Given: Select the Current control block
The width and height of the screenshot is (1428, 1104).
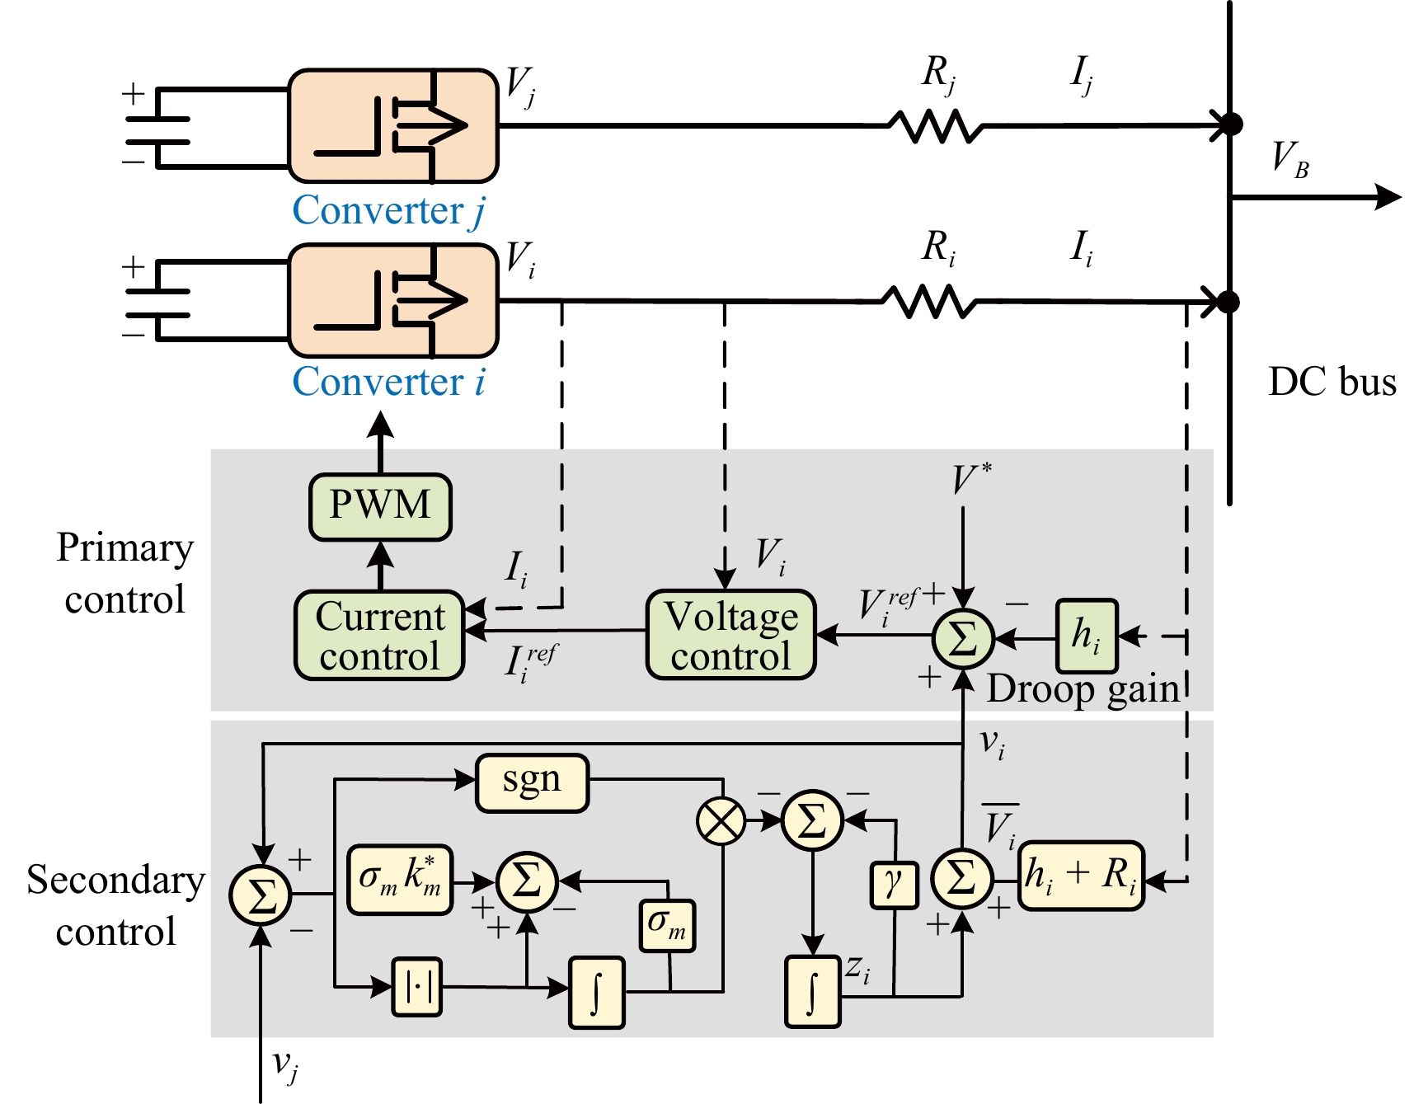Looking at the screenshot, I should [380, 636].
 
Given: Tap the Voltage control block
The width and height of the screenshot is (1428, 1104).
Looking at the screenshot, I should [731, 635].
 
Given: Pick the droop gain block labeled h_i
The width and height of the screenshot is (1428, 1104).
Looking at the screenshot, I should [1087, 636].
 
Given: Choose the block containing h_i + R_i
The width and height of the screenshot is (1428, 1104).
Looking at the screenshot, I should [1081, 876].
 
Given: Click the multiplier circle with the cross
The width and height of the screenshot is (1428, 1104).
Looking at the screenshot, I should [721, 821].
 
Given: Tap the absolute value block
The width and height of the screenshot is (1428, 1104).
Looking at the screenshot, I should [417, 986].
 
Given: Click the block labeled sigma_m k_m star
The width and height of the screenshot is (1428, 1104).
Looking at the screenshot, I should [400, 880].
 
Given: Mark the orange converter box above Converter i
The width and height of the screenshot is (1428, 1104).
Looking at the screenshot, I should [393, 300].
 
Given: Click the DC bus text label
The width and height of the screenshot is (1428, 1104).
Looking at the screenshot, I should [1332, 383].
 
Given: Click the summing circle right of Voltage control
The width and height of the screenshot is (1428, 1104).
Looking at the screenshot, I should [963, 638].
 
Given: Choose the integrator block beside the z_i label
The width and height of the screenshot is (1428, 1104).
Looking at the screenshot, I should [812, 991].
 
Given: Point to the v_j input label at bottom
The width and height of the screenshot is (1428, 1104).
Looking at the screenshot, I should [285, 1066].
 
